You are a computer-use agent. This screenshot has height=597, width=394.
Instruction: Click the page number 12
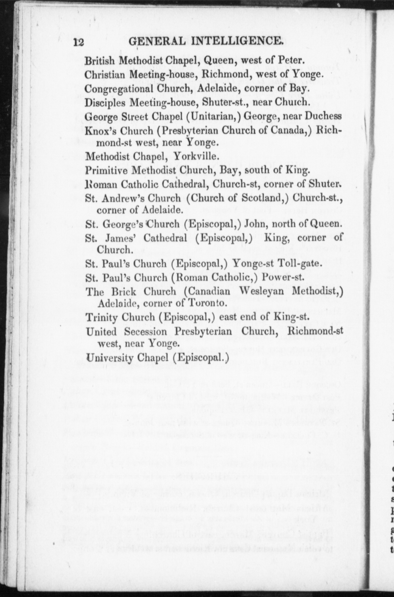(x=78, y=42)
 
